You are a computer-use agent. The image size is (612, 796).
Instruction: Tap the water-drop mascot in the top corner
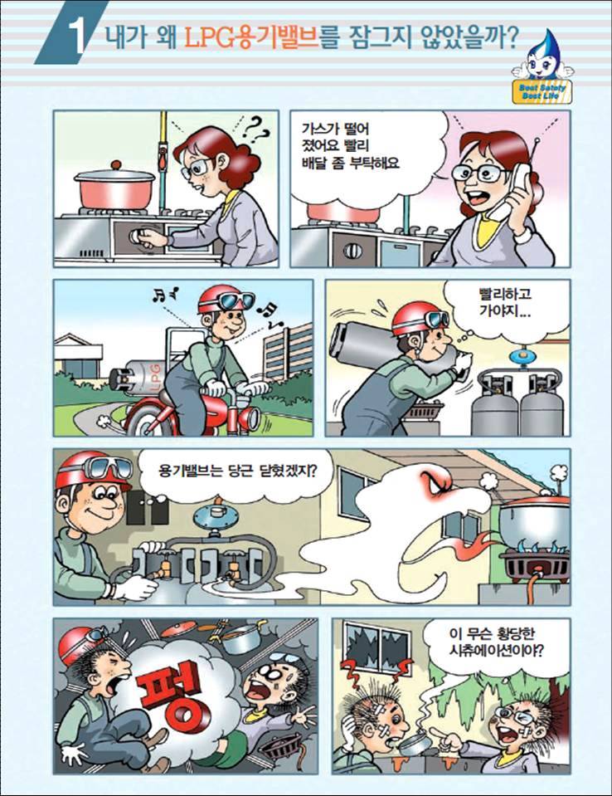tap(542, 55)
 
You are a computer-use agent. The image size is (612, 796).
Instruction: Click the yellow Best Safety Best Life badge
tap(542, 91)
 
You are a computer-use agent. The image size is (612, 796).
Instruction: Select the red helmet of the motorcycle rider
tap(217, 300)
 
